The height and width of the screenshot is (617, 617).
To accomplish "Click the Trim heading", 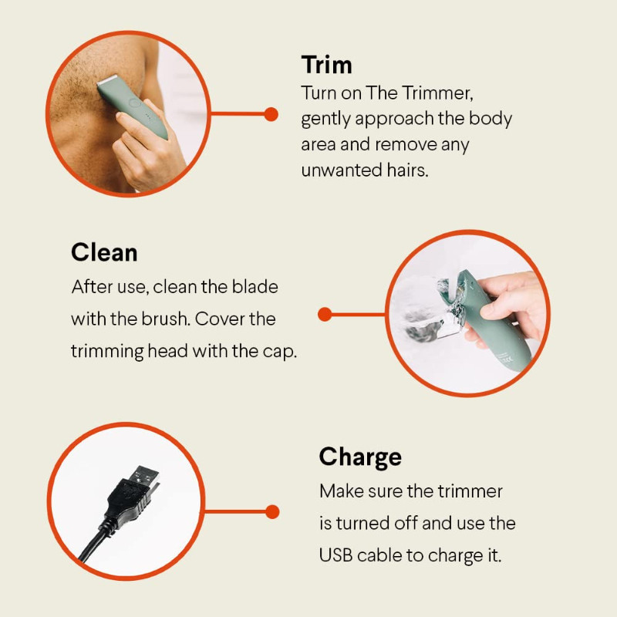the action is pyautogui.click(x=326, y=65).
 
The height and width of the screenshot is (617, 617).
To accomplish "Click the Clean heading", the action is pyautogui.click(x=104, y=252).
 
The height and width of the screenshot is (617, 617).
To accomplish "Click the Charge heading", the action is pyautogui.click(x=360, y=457).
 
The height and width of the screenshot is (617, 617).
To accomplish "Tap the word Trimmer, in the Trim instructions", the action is pyautogui.click(x=437, y=93).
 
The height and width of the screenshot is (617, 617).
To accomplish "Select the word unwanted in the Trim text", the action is pyautogui.click(x=342, y=170).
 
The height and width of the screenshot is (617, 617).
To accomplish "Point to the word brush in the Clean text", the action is pyautogui.click(x=166, y=319).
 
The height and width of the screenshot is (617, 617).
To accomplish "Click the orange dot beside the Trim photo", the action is pyautogui.click(x=271, y=114).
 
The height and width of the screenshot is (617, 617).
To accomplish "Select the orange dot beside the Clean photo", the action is pyautogui.click(x=325, y=314).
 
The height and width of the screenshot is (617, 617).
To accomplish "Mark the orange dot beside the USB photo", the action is pyautogui.click(x=272, y=511).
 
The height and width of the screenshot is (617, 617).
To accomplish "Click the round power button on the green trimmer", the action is pyautogui.click(x=135, y=103).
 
